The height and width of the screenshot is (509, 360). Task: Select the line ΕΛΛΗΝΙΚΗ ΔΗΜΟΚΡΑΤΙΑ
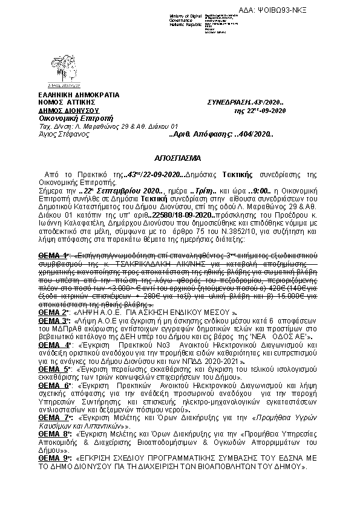pos(79,96)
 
